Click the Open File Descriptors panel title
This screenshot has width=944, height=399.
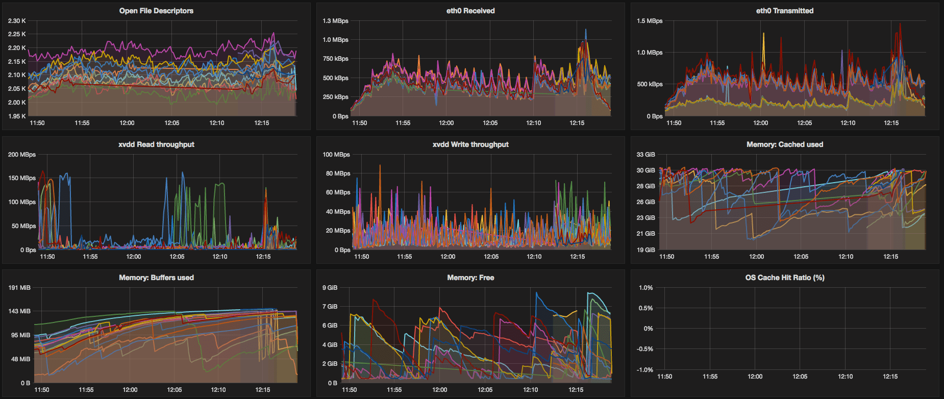[156, 11]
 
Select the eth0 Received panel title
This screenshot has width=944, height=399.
[470, 11]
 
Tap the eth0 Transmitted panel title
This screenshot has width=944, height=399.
[784, 11]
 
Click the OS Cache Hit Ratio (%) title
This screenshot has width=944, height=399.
[784, 278]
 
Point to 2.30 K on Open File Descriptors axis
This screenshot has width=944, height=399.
[17, 21]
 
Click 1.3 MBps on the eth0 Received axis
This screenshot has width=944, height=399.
[335, 21]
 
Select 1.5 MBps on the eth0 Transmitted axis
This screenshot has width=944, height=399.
[650, 21]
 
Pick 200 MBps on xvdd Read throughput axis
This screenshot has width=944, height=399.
[22, 155]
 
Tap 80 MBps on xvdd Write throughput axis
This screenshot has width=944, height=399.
[338, 173]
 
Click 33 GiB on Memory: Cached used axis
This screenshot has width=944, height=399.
[645, 155]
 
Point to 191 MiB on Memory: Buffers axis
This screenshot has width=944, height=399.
[19, 288]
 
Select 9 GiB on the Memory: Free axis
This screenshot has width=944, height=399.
[330, 288]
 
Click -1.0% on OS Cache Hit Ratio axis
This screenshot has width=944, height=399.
[645, 370]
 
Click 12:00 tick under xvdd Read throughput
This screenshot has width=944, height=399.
[134, 257]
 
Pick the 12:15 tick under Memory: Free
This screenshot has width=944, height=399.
[576, 390]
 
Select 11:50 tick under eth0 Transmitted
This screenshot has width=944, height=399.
[674, 123]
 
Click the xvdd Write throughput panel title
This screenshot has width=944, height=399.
[470, 144]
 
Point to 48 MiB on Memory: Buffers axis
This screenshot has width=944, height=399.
[20, 359]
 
